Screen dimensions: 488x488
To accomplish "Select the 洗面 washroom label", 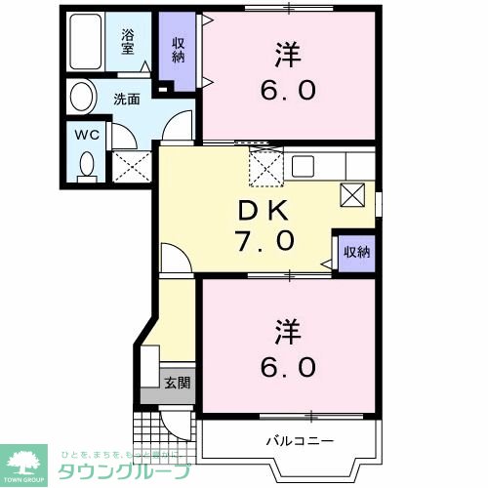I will [x=125, y=98].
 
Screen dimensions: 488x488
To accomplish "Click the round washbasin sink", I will [x=82, y=98].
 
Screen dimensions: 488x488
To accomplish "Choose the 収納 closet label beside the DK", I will [x=355, y=252].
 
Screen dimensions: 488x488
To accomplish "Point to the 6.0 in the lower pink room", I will [x=288, y=367].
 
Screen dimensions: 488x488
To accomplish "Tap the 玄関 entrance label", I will [x=177, y=383].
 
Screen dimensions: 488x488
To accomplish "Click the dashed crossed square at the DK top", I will [x=265, y=167].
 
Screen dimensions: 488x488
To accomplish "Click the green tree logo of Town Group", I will [x=27, y=458].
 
